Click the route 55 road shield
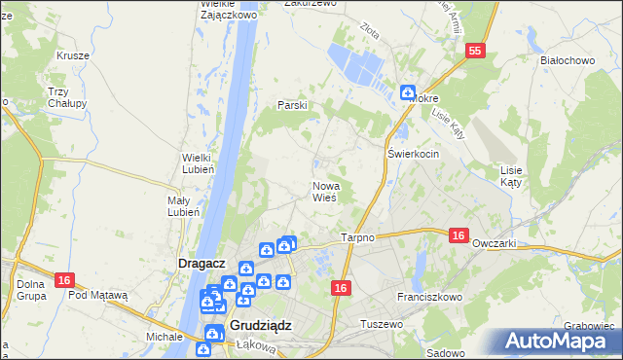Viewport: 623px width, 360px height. (x=475, y=52)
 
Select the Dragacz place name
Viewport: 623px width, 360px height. (x=202, y=263)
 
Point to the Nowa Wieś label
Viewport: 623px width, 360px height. (x=324, y=191)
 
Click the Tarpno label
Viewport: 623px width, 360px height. (x=358, y=237)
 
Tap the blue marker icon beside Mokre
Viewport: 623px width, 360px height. (x=407, y=92)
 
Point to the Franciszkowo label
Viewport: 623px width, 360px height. (x=429, y=295)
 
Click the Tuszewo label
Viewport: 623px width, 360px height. (x=381, y=323)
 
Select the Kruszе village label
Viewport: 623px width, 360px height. (x=73, y=55)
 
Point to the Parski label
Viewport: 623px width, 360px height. (x=293, y=105)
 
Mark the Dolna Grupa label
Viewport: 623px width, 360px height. (x=31, y=290)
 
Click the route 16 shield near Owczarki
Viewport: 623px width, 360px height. (x=459, y=234)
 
